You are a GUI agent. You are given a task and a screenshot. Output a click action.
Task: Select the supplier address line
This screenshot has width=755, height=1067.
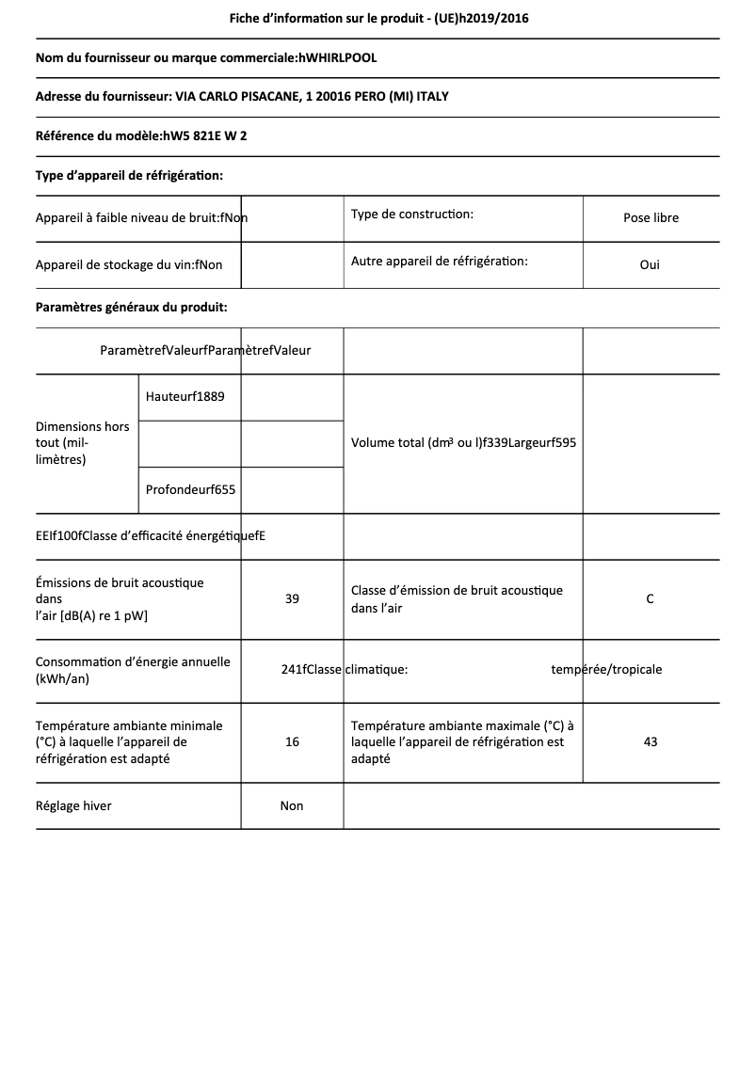(x=249, y=97)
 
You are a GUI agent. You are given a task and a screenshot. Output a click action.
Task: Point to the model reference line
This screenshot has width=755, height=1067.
(x=141, y=135)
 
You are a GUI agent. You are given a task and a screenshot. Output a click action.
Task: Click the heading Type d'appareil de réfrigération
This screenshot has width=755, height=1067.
(x=129, y=175)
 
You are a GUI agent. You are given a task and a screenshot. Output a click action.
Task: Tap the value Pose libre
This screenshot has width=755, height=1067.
(x=651, y=218)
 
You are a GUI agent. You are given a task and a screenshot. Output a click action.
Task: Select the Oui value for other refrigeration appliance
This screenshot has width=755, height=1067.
(x=650, y=264)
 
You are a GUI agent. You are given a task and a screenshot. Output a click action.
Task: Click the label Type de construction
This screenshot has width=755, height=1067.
(x=412, y=215)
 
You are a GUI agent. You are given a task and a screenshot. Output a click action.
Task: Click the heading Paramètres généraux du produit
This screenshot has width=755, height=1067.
(x=131, y=307)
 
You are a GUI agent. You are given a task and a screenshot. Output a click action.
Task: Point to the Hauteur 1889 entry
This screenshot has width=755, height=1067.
(x=185, y=396)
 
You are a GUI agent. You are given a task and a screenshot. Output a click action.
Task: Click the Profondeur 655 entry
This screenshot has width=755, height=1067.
(x=191, y=489)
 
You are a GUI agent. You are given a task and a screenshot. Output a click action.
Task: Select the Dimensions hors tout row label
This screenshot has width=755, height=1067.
(x=83, y=443)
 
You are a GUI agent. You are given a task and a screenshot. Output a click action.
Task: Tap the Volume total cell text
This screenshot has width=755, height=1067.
(x=463, y=443)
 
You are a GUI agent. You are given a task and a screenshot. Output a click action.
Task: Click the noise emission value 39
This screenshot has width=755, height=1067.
(x=292, y=599)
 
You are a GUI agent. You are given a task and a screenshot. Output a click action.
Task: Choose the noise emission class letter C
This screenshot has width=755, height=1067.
(x=650, y=599)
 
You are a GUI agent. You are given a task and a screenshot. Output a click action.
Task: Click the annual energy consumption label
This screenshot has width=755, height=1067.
(x=133, y=670)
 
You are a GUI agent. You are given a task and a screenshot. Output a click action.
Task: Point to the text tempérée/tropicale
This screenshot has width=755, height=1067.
(x=606, y=670)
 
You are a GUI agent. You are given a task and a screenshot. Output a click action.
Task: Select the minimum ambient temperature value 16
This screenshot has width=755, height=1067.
(x=292, y=742)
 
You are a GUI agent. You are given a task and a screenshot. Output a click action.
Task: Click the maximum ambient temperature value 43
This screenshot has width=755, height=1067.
(x=651, y=742)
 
